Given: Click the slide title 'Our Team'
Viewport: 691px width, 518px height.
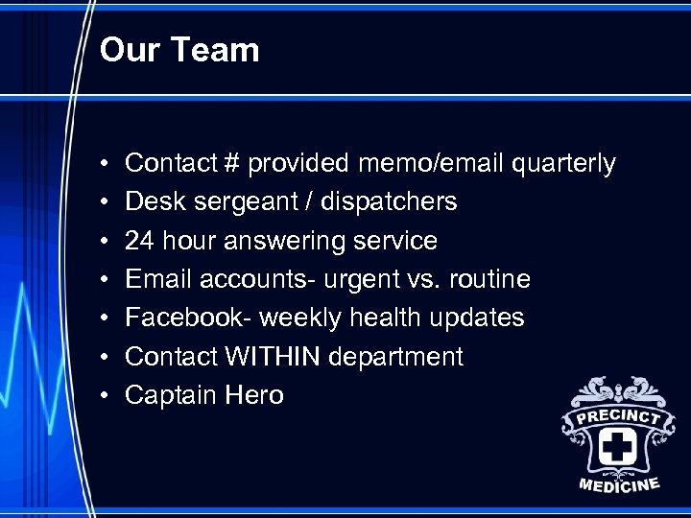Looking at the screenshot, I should click(x=179, y=50).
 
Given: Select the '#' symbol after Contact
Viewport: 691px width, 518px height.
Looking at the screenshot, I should click(x=231, y=164).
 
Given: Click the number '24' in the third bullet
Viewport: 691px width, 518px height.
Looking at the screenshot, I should click(x=140, y=241).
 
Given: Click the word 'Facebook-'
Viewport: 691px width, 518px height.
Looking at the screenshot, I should click(x=188, y=318).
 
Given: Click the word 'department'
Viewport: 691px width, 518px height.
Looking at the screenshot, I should click(x=395, y=357).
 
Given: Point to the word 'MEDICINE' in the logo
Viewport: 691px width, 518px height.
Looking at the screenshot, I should click(x=619, y=484).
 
